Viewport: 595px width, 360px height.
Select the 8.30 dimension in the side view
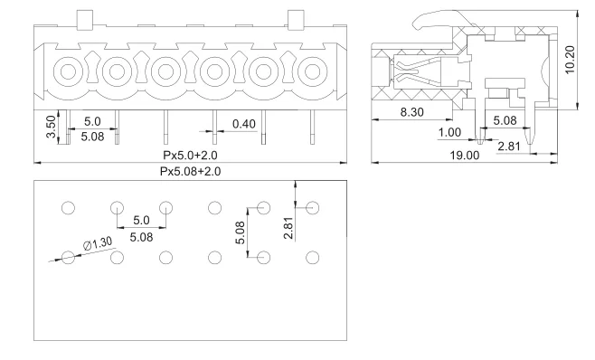(412, 112)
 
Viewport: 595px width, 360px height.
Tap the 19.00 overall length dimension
(465, 155)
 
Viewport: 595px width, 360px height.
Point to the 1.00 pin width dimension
(449, 133)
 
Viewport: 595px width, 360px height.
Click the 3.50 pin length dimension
(51, 127)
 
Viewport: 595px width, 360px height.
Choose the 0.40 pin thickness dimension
(244, 124)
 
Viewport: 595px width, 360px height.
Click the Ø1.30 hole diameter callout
(98, 243)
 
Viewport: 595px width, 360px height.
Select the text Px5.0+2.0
(190, 155)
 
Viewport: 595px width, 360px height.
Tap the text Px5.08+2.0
(190, 171)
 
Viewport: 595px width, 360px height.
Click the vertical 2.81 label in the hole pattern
(288, 228)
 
